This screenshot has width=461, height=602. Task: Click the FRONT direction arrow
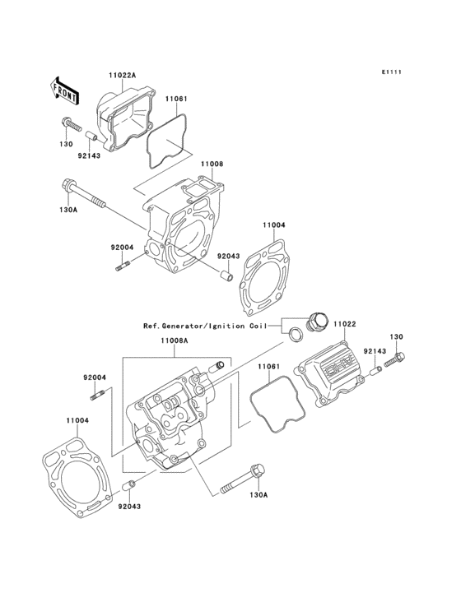coord(65,89)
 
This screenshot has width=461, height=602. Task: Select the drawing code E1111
coord(391,72)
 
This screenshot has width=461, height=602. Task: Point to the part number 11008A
coord(175,340)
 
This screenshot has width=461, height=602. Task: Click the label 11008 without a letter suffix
coord(212,164)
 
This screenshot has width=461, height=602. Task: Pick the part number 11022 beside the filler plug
coord(344,325)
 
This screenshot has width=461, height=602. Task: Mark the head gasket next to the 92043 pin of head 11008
coord(263,276)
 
